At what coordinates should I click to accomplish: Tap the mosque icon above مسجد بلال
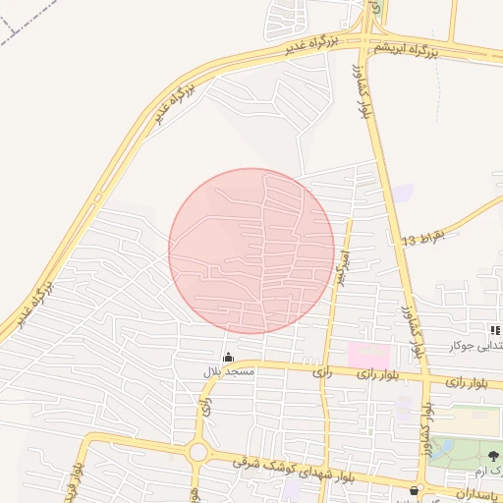(229, 358)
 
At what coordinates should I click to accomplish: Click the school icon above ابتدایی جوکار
(494, 331)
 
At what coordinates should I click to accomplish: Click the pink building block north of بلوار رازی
(368, 353)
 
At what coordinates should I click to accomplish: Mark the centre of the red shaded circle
(251, 251)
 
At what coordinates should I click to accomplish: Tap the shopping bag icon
(414, 488)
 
